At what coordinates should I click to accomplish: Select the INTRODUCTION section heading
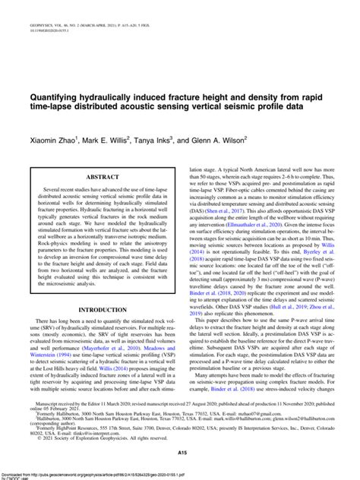[102, 309]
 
